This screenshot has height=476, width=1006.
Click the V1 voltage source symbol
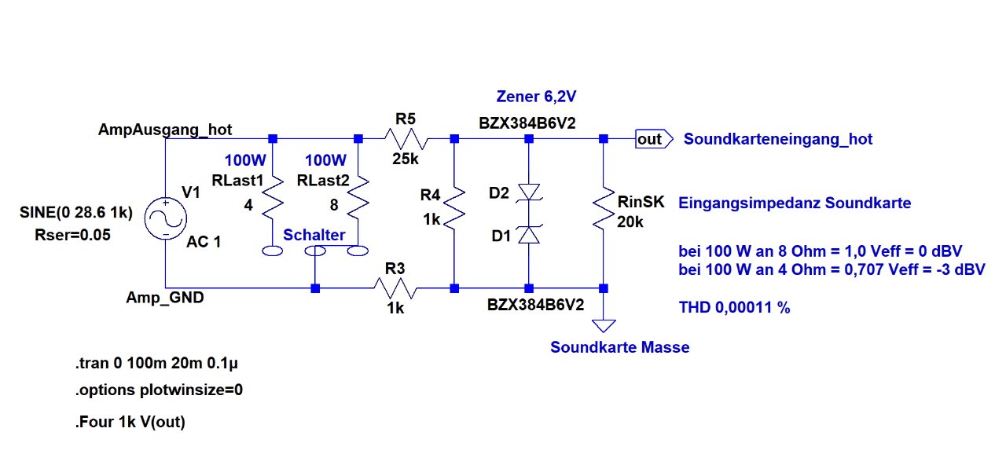[167, 214]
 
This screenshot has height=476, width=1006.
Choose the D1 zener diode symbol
[529, 234]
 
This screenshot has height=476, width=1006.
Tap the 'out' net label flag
[652, 139]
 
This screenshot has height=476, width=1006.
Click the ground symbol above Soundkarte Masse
[604, 324]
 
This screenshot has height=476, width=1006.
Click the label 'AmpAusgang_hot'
[165, 129]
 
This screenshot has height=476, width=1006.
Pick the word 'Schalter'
[314, 235]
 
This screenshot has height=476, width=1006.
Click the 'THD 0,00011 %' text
[734, 308]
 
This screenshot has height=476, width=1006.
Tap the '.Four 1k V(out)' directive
[130, 422]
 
